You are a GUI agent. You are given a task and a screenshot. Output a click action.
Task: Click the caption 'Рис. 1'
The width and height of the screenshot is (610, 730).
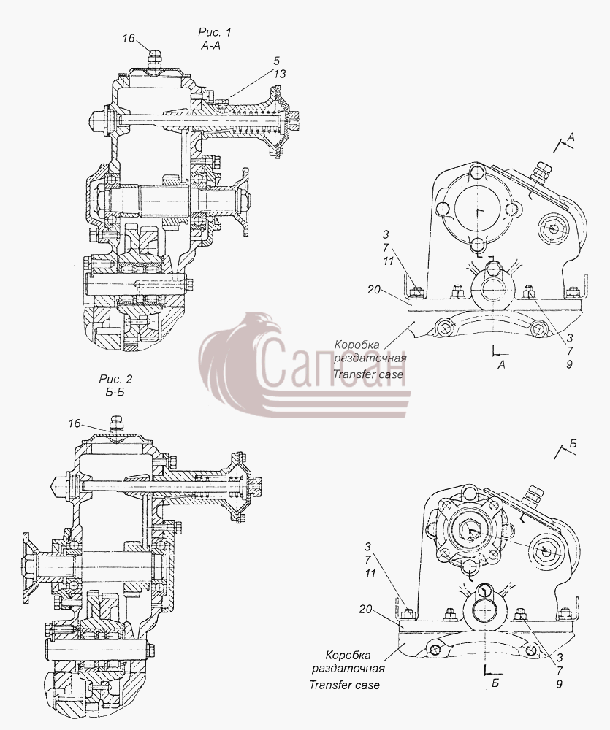(x=214, y=32)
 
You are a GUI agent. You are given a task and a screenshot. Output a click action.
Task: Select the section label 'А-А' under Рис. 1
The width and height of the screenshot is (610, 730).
(x=210, y=45)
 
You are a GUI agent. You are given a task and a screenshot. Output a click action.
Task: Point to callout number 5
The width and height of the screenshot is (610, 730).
(x=277, y=61)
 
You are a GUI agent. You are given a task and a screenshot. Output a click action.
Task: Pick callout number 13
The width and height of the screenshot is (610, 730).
(x=280, y=74)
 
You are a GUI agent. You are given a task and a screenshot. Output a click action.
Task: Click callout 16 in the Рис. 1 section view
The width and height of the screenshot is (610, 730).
(x=129, y=38)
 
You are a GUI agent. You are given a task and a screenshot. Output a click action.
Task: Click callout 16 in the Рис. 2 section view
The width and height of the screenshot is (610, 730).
(x=75, y=423)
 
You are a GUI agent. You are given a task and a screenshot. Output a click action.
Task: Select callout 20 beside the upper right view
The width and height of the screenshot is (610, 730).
(x=374, y=290)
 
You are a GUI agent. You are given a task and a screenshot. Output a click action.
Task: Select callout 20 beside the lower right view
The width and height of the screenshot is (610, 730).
(x=366, y=609)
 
